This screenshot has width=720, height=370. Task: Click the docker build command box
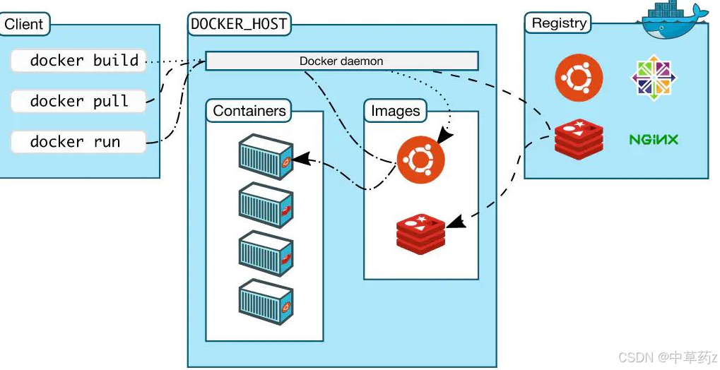coord(78,61)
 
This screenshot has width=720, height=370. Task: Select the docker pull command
coord(78,101)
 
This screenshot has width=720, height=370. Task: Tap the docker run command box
coord(78,141)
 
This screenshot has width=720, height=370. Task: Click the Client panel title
coord(23,25)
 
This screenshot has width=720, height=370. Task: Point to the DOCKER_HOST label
coord(239,24)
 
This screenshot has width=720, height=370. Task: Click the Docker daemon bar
coord(341,61)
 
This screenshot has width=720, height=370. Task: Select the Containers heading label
coord(249,111)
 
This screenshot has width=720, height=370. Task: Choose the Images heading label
coord(396,111)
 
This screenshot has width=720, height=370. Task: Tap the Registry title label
coord(559,23)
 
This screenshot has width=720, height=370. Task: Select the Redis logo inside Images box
coord(421,232)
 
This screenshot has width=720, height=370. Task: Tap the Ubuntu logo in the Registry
coord(579,78)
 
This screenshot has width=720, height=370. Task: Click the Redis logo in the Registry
coord(579,138)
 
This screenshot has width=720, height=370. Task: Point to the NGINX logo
coord(654,139)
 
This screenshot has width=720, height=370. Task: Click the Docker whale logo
coord(675,18)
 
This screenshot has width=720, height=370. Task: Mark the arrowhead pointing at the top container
coord(300,160)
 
